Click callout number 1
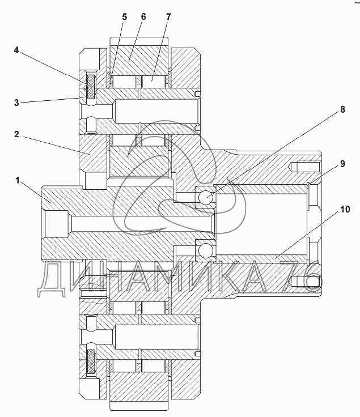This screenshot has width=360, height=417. (x=18, y=181)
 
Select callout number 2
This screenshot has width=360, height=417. (x=16, y=134)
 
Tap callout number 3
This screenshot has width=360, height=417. (x=16, y=103)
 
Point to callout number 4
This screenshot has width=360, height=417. (x=16, y=50)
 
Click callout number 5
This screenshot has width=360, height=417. (x=125, y=17)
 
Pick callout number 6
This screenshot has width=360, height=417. (x=143, y=17)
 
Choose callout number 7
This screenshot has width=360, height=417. (x=168, y=17)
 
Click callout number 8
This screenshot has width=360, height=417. (x=342, y=109)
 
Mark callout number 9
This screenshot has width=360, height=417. (x=342, y=164)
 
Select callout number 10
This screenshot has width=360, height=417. (x=345, y=209)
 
